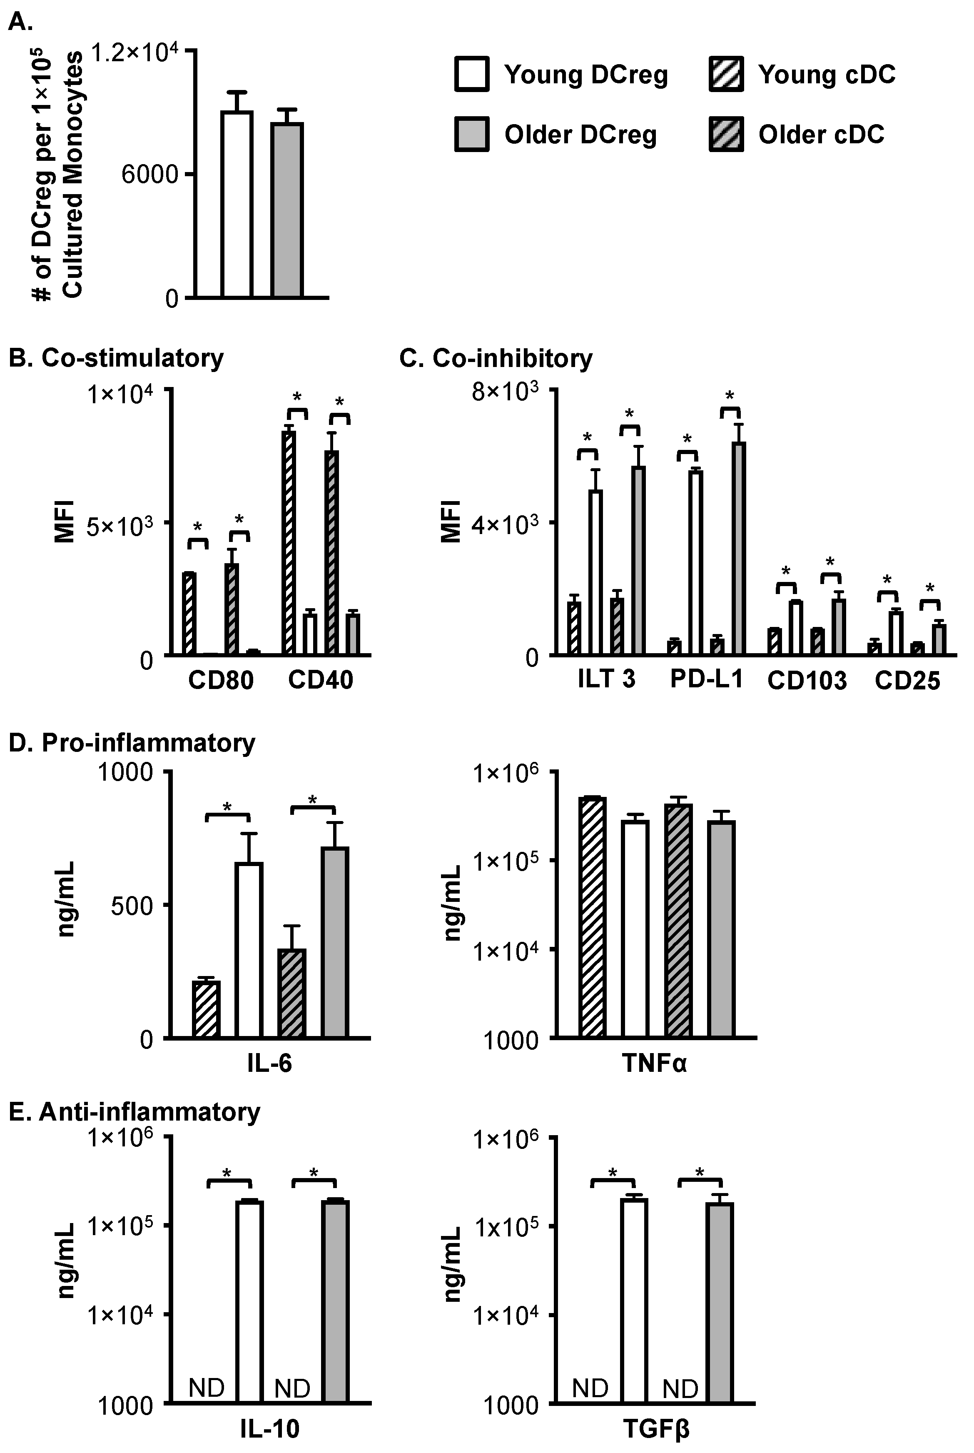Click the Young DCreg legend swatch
[x=471, y=75]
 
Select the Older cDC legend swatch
[x=726, y=134]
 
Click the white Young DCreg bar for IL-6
[x=249, y=951]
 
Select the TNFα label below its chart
[x=655, y=1064]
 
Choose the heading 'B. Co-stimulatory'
[x=116, y=358]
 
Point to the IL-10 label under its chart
[x=269, y=1429]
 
